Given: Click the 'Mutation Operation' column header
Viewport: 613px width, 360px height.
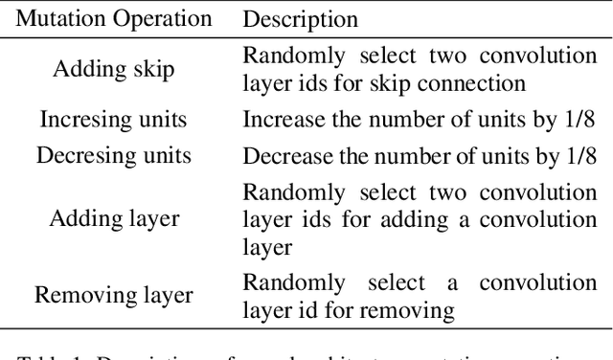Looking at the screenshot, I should pos(115,18).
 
